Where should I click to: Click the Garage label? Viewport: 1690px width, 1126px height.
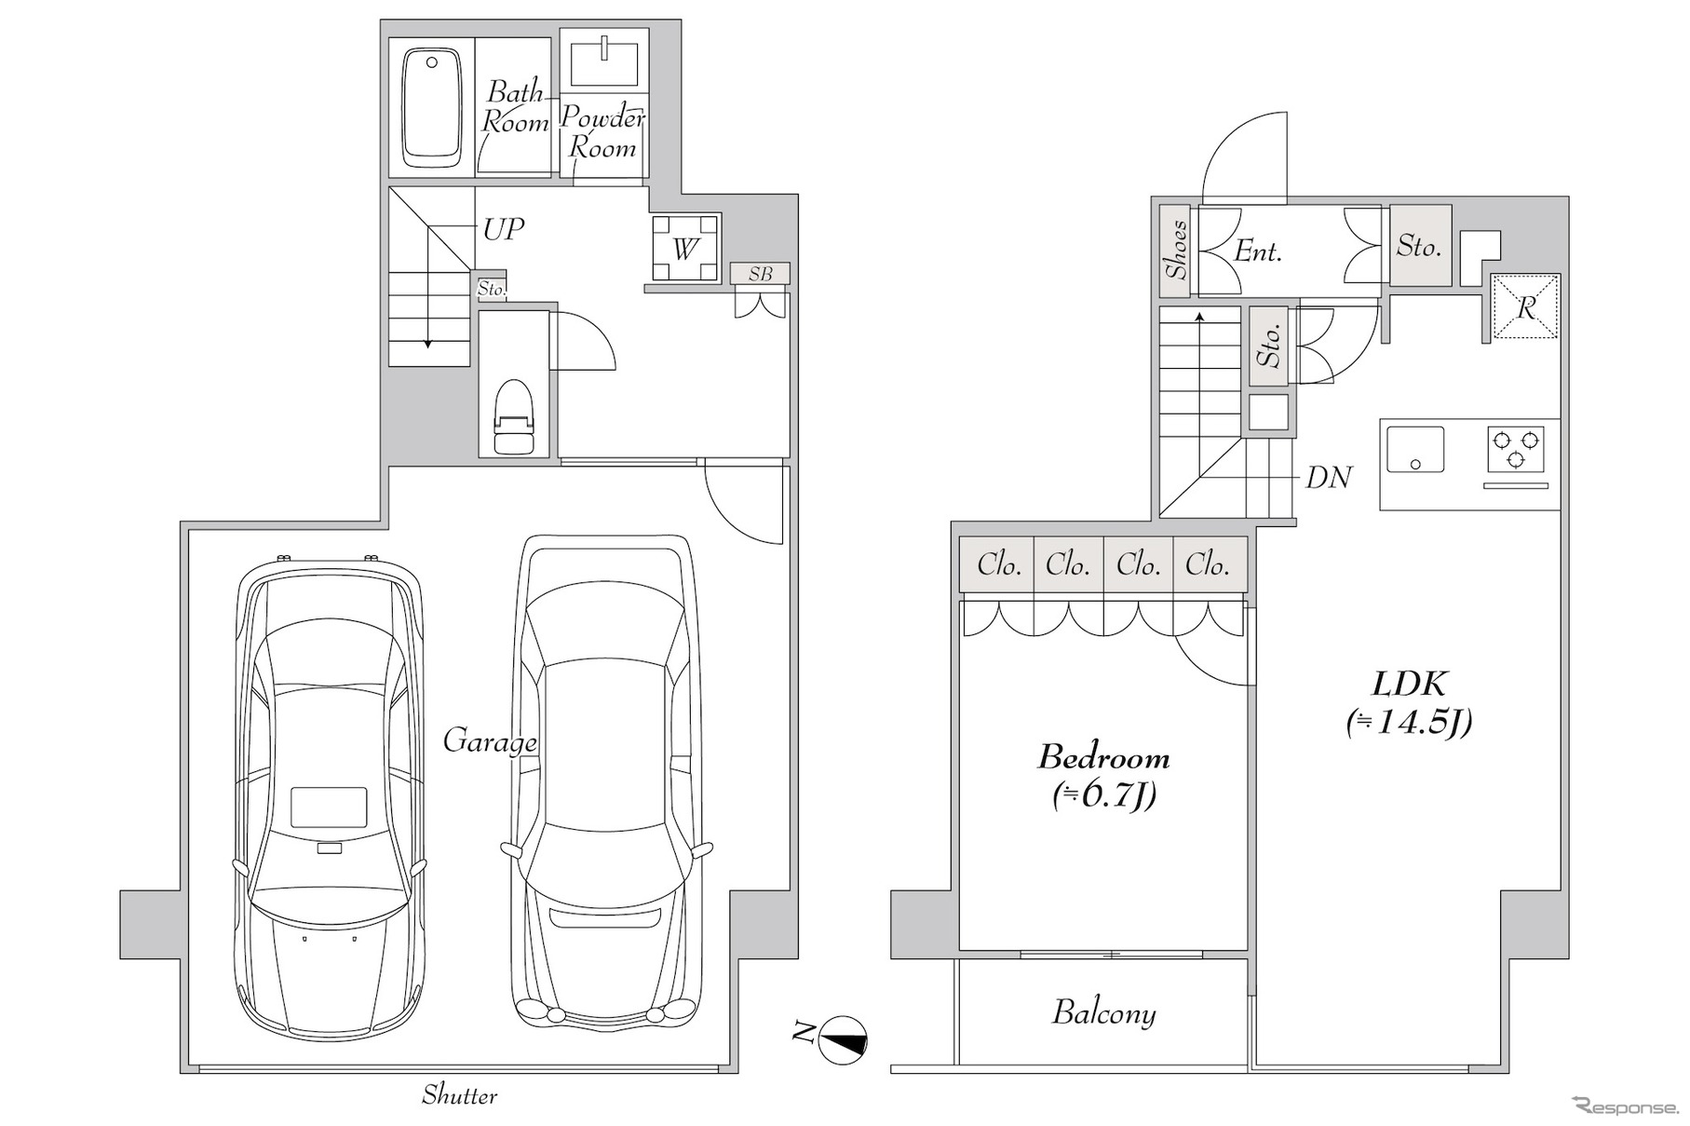pos(490,742)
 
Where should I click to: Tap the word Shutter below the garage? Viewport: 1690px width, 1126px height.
pos(460,1095)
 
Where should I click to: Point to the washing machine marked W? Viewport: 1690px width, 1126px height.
pos(685,249)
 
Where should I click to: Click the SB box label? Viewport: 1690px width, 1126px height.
pos(761,274)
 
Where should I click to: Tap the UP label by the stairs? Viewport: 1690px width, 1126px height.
pos(504,229)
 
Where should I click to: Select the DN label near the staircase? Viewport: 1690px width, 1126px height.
pos(1329,478)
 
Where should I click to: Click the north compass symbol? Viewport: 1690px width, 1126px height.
pos(842,1038)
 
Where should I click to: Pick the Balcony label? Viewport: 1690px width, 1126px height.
pos(1104,1013)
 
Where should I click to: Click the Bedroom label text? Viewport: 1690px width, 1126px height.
pos(1104,757)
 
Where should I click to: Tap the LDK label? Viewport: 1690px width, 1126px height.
pos(1409,685)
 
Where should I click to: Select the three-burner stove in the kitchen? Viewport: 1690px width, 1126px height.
pos(1515,448)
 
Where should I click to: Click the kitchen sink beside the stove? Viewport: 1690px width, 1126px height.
pos(1415,450)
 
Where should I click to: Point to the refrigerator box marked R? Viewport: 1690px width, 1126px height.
pos(1525,306)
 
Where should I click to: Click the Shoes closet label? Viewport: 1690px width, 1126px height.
pos(1176,250)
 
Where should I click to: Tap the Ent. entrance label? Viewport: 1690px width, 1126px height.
pos(1259,251)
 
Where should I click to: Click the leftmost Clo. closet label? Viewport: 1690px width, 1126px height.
pos(999,564)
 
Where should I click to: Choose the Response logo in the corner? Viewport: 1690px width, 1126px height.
pos(1625,1106)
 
